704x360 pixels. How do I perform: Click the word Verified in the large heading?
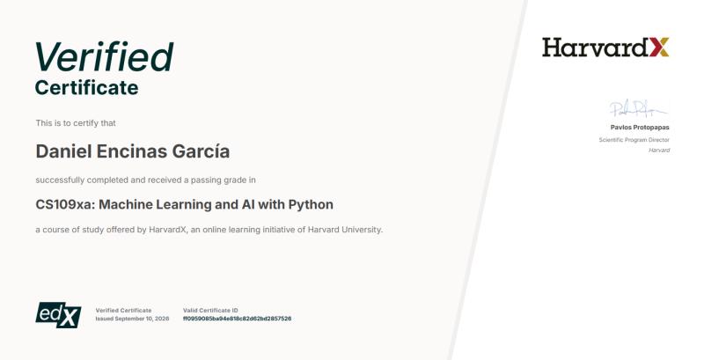pos(104,56)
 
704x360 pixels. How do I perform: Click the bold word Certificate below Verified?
pos(86,87)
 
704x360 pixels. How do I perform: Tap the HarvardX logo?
pos(605,48)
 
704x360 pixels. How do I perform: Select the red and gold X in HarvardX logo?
pos(659,48)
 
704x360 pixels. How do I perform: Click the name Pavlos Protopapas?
pos(640,128)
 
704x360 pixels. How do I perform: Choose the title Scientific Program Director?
pos(634,140)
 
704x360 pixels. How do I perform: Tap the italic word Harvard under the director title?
pos(659,151)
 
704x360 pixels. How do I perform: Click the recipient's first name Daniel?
pos(63,151)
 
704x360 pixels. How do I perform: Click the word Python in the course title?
pos(311,205)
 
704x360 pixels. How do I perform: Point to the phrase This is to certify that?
pos(76,123)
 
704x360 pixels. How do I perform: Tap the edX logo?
pos(58,314)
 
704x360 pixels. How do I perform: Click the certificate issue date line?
pos(133,319)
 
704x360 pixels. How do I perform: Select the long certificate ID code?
pos(237,319)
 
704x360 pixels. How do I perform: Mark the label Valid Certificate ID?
pos(210,310)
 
